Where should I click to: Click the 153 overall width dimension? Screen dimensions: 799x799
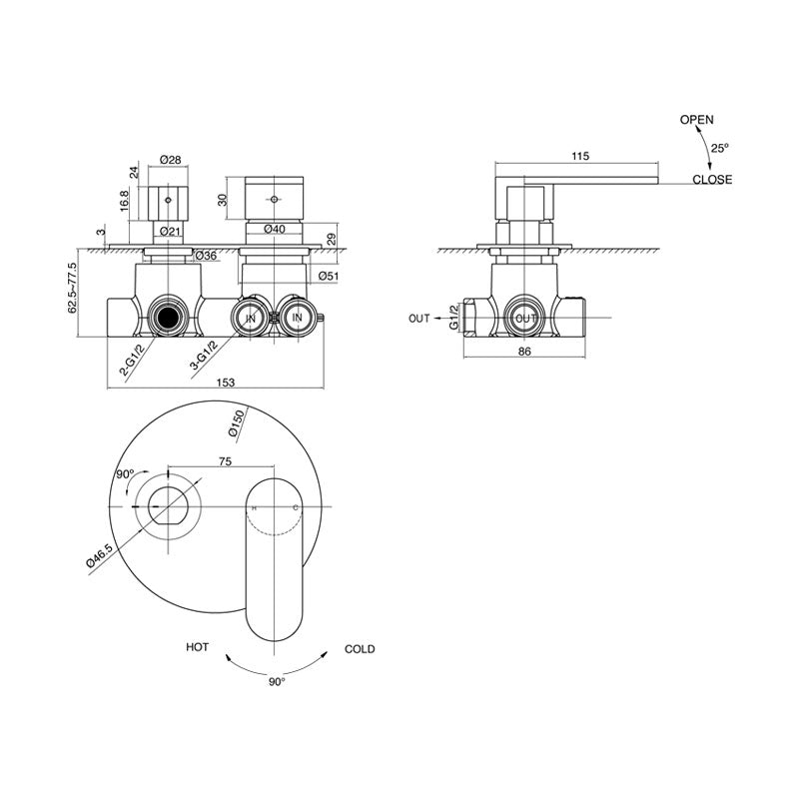coord(226,383)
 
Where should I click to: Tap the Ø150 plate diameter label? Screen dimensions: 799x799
coord(237,423)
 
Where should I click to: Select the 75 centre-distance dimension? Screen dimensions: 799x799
coord(225,461)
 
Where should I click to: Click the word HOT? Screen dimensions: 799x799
coord(197,647)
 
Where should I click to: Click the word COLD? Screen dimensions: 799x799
coord(360,649)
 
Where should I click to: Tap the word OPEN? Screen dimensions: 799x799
coord(697,120)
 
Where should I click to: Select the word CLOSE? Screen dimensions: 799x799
coord(712,180)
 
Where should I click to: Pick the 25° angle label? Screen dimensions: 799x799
coord(720,148)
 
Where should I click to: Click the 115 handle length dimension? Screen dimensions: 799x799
coord(580,156)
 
